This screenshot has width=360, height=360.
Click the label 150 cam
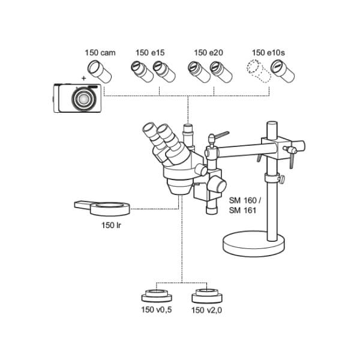[100, 53]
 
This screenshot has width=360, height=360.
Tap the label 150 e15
[150, 53]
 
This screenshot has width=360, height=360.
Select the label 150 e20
[208, 53]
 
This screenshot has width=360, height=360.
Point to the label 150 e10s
[268, 53]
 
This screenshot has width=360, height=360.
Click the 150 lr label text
[111, 225]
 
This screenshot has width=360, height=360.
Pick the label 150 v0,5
[157, 310]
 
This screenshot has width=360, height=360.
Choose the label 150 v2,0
[206, 310]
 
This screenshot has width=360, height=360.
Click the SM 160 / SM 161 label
[245, 205]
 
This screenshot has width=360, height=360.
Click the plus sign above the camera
[83, 79]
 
